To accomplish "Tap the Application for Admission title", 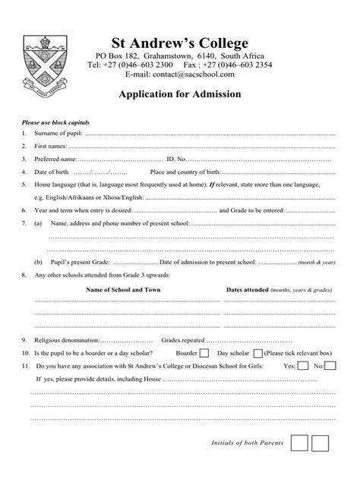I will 180,95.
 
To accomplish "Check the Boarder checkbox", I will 204,353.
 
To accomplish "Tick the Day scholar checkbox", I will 257,353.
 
